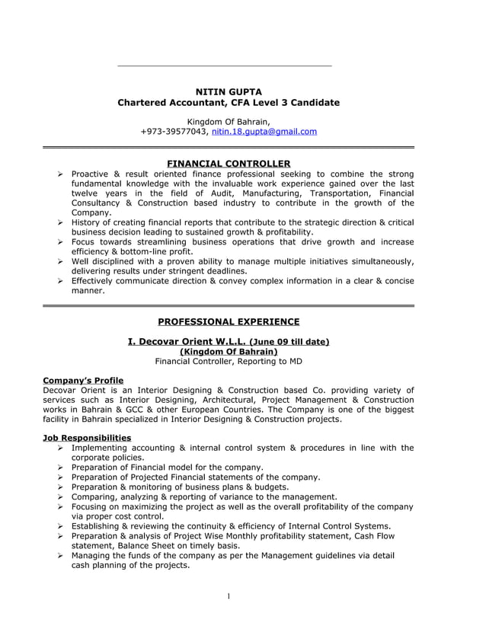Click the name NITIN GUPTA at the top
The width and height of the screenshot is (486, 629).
pos(229,91)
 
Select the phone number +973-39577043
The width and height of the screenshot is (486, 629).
pos(173,132)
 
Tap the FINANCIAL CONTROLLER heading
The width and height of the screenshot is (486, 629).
pos(229,164)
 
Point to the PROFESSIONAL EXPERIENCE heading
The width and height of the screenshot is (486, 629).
pos(229,321)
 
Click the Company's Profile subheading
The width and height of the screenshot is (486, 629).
pos(83,380)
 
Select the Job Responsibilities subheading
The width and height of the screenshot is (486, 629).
pos(87,438)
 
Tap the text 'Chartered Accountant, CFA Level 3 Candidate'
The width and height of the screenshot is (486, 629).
pos(229,102)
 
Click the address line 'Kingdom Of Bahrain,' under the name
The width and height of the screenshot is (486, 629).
pos(229,121)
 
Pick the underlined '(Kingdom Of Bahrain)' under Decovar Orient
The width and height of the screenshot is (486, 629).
pos(229,351)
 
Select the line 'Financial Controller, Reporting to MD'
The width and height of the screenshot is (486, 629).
pos(229,361)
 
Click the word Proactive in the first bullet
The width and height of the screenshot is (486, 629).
pos(91,174)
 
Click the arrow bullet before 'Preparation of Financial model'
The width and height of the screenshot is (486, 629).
pos(60,468)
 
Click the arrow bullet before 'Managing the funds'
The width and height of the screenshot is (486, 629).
pos(60,556)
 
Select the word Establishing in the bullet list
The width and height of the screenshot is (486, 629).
pos(101,526)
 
